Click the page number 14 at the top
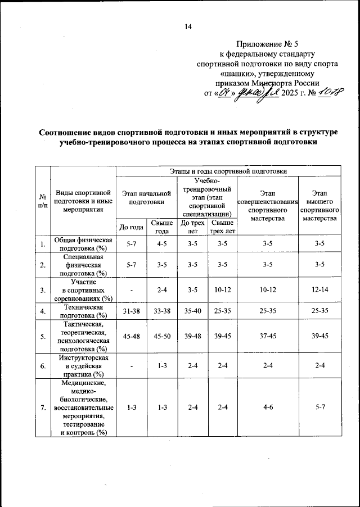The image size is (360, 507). (x=188, y=27)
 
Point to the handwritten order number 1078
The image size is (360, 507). (x=319, y=93)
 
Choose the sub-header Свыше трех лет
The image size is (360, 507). (x=222, y=227)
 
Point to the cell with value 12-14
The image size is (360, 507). (x=319, y=291)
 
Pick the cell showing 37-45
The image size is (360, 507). (x=267, y=337)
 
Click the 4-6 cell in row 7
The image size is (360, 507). (x=267, y=408)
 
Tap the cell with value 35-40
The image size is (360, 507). (x=192, y=311)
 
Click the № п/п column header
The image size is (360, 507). (x=42, y=201)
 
